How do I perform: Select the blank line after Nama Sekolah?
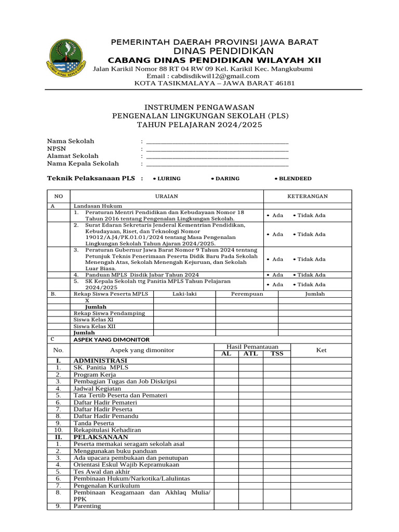pos(217,141)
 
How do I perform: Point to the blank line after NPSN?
pos(217,149)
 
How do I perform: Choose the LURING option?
pos(167,179)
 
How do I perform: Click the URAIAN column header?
pos(167,196)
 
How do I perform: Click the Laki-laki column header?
pos(184,294)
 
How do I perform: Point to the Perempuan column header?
pos(247,294)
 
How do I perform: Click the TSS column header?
pos(277,354)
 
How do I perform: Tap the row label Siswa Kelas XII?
pos(95,326)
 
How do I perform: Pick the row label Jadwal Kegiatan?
pos(97,388)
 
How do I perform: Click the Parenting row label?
pos(87,506)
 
